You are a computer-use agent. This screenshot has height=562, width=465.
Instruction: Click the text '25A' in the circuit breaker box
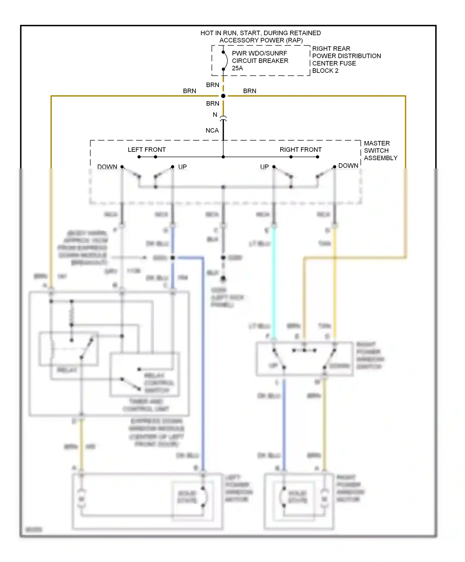point(237,68)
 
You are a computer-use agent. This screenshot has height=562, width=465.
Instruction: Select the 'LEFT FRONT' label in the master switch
point(147,150)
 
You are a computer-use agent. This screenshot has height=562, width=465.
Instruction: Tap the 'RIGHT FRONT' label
point(300,150)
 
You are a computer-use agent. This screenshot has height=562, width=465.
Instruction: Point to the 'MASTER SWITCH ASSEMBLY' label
point(380,151)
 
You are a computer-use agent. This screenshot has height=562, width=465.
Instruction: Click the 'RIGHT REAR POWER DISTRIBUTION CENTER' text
point(346,56)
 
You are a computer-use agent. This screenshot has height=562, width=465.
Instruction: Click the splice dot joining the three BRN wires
point(223,96)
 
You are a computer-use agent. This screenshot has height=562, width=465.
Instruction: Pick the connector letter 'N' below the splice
point(215,115)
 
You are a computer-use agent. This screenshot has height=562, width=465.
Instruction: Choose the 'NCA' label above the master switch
point(212,130)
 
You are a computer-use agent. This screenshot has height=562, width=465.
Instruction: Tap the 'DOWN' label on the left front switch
point(107,167)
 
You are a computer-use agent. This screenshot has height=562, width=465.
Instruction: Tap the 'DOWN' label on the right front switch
point(348,166)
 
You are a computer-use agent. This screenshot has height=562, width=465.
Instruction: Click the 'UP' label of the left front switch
point(182,167)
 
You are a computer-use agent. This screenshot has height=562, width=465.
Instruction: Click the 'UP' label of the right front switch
point(264,167)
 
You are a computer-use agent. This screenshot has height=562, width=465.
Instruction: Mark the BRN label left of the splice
point(189,91)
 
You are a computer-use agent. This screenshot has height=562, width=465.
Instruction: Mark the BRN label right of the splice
point(250,91)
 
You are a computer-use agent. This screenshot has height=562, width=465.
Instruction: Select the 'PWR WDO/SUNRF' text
point(259,53)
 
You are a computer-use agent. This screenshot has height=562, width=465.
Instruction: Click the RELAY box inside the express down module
point(69,349)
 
